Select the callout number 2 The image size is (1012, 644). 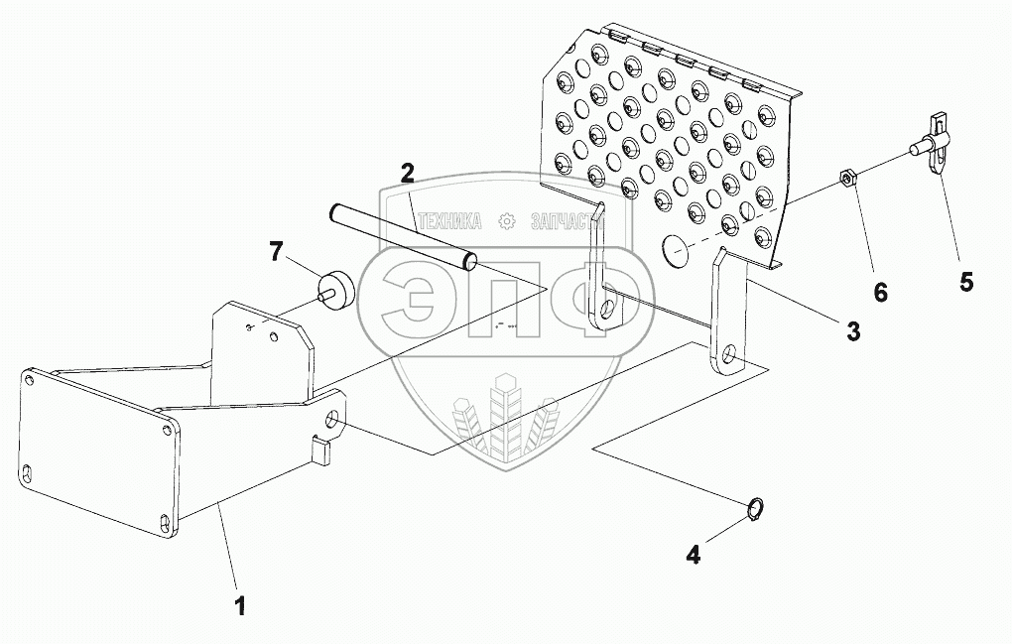pyautogui.click(x=407, y=172)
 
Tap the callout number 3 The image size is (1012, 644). pyautogui.click(x=852, y=330)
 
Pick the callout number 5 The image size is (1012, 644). pyautogui.click(x=965, y=281)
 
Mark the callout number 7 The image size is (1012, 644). pyautogui.click(x=276, y=252)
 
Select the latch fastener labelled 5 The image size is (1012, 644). pyautogui.click(x=937, y=146)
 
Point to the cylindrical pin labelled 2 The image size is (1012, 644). pyautogui.click(x=403, y=237)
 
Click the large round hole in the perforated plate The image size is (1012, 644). pyautogui.click(x=677, y=252)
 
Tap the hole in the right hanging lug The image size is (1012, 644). pyautogui.click(x=729, y=354)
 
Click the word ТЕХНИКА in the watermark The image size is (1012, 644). pyautogui.click(x=450, y=222)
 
